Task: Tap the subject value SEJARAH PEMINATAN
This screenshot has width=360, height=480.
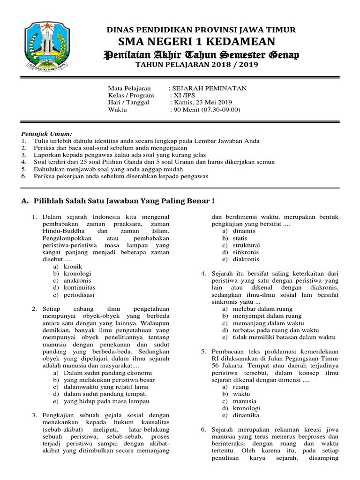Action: click(209, 88)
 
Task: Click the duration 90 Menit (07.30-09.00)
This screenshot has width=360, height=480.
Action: click(207, 110)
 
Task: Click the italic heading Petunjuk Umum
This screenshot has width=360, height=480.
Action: click(45, 134)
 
